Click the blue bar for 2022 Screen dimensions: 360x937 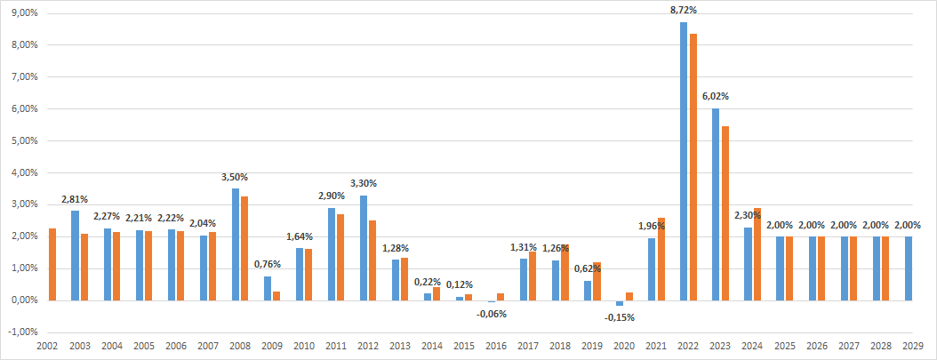pos(684,161)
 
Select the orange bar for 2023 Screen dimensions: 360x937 pos(725,213)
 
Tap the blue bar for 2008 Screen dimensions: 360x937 pos(235,244)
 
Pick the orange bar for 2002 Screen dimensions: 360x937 pos(52,264)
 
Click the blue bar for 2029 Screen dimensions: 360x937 pos(908,268)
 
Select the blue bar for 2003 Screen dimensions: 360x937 pos(75,255)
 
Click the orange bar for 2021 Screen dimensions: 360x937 pos(661,259)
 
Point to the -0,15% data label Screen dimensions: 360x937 pos(620,317)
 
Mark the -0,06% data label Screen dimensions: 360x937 pos(492,313)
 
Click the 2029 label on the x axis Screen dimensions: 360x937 pos(911,347)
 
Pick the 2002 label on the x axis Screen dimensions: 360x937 pos(48,347)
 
